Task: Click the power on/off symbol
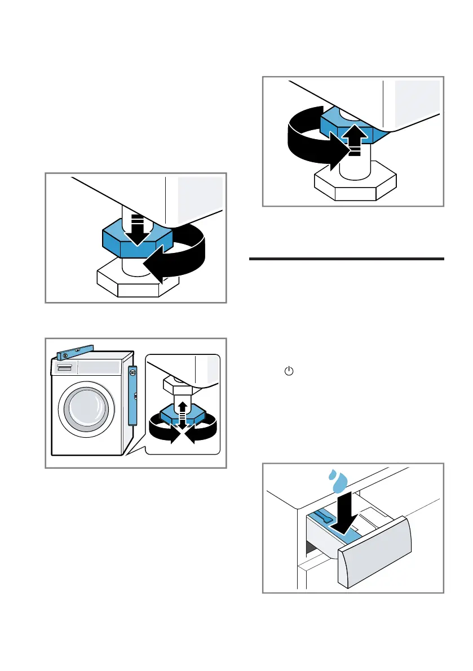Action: [289, 372]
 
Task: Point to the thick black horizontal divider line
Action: [346, 259]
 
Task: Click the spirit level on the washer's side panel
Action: [132, 394]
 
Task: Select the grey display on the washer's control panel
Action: [99, 367]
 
